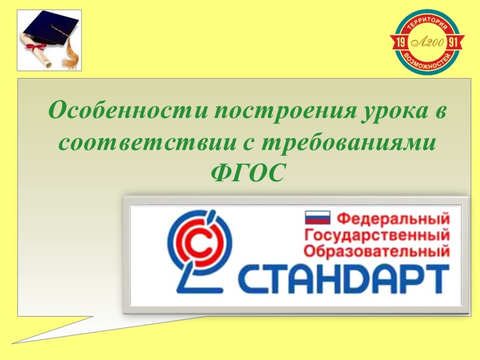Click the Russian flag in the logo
point(317,217)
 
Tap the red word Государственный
point(376,235)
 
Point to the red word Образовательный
point(376,252)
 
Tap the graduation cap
point(48,30)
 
